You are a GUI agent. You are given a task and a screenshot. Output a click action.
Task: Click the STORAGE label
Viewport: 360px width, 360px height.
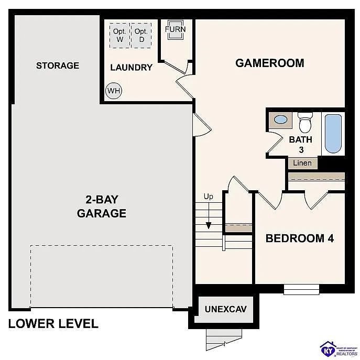click(58, 66)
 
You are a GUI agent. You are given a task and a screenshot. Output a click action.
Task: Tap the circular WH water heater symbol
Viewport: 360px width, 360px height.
click(114, 91)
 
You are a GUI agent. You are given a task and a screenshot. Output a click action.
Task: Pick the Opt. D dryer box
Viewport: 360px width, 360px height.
click(140, 35)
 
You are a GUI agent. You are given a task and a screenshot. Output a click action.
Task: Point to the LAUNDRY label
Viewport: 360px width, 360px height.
click(131, 68)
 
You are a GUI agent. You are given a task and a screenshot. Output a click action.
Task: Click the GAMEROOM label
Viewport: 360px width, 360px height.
click(269, 63)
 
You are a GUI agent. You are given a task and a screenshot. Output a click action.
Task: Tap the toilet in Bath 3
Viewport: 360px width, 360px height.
click(304, 123)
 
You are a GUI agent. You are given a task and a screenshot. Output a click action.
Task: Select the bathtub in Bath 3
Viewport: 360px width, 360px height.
click(333, 134)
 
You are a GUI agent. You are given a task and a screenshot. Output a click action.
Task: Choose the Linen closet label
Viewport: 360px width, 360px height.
click(302, 163)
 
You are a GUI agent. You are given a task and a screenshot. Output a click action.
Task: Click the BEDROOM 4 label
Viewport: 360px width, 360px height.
click(300, 238)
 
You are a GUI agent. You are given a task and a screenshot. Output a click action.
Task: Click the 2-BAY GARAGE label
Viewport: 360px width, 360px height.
click(102, 206)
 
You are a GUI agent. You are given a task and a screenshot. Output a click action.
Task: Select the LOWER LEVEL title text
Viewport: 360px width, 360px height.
click(53, 324)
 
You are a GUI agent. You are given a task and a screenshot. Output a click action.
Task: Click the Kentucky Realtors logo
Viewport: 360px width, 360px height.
click(335, 348)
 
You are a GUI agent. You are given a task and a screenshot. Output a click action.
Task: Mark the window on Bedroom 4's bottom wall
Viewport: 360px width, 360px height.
click(301, 289)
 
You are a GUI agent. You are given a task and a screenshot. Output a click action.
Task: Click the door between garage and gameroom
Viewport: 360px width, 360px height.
click(202, 125)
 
